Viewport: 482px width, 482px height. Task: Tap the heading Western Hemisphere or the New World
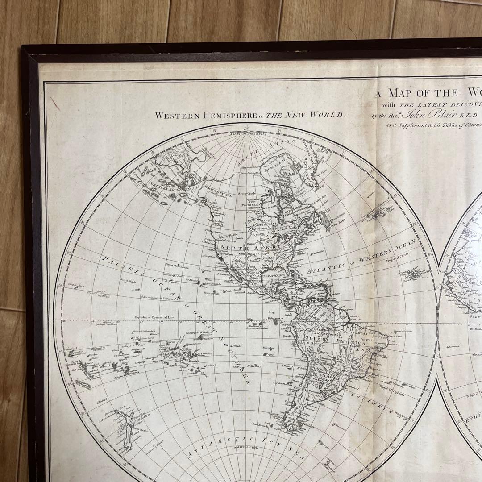pos(250,115)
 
